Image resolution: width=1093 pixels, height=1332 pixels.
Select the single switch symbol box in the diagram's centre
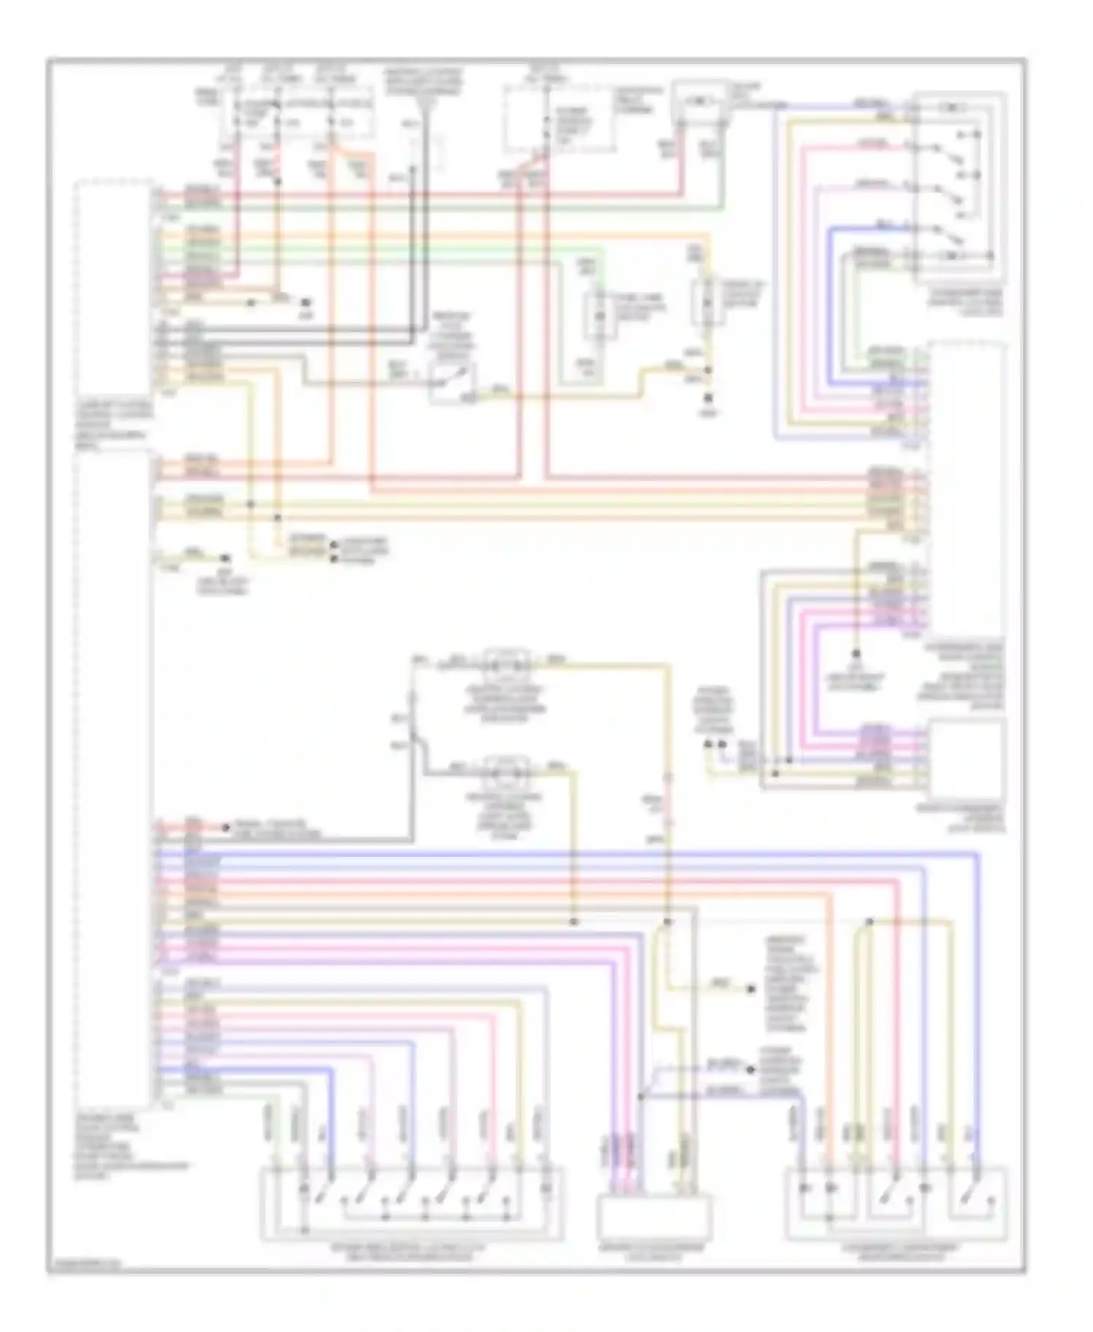[x=452, y=381]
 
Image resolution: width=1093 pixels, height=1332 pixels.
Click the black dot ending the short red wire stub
[x=226, y=828]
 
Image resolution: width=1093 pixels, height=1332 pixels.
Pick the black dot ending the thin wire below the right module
[x=857, y=654]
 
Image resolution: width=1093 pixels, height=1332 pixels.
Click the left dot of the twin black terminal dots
[x=708, y=745]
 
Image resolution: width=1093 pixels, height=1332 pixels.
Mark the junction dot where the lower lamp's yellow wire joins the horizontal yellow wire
[x=573, y=922]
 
